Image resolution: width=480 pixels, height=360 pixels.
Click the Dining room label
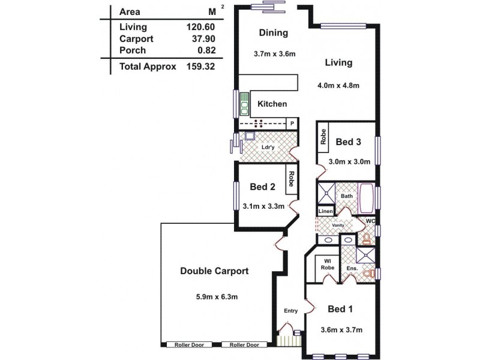point(274,33)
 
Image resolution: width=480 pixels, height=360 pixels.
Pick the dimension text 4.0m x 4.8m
point(338,85)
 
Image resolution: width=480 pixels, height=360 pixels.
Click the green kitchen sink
point(245,104)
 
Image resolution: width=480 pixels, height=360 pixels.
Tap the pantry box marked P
point(292,124)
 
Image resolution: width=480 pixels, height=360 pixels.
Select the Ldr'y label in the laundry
point(268,146)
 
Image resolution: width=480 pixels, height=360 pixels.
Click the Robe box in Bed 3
point(323,137)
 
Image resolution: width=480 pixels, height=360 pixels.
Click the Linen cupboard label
point(325,211)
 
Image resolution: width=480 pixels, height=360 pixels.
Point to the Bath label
point(347,196)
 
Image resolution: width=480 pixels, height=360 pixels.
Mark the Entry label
point(291,311)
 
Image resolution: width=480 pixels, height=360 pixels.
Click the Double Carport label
point(214,271)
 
